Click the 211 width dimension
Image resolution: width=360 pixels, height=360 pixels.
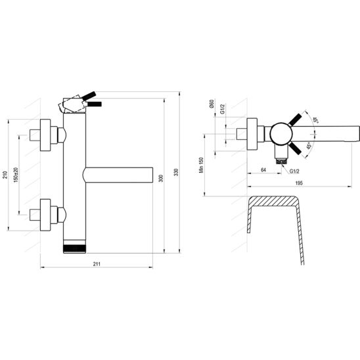[97, 264]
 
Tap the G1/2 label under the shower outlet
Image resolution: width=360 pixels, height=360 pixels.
[295, 171]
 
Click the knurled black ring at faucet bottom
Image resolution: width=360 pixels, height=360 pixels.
[75, 249]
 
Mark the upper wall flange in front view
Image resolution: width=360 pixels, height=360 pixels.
[47, 135]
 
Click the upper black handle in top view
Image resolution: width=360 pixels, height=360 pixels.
[298, 119]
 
